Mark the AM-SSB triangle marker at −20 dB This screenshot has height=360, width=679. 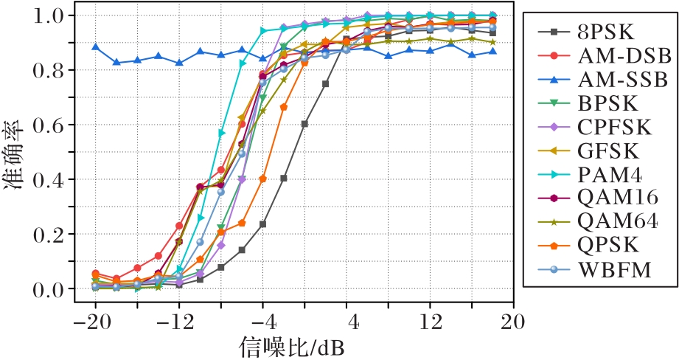[x=95, y=46]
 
